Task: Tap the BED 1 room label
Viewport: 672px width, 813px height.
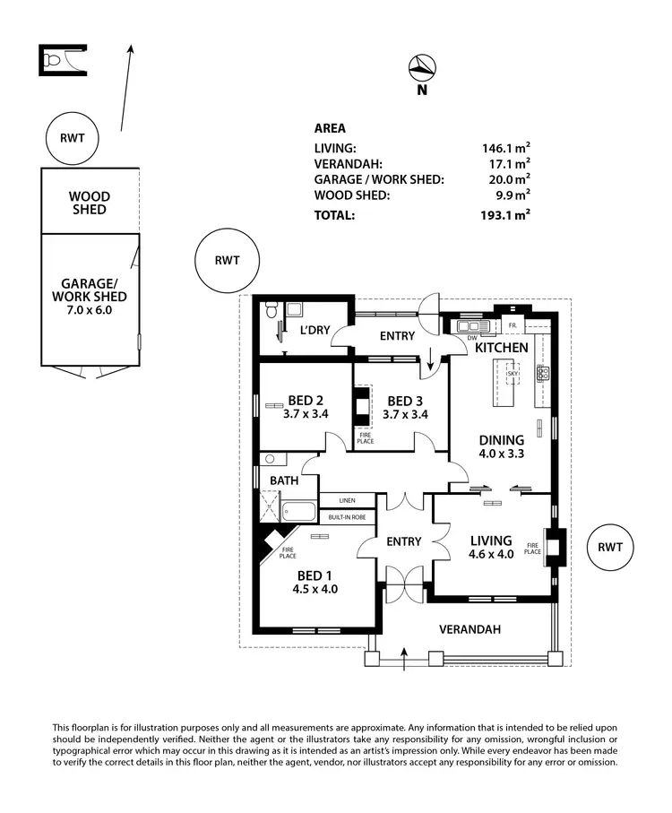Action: click(310, 575)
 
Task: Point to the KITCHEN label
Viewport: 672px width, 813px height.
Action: click(501, 347)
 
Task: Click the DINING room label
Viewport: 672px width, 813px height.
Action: click(501, 439)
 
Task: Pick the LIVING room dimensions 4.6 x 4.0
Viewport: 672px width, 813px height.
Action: click(491, 554)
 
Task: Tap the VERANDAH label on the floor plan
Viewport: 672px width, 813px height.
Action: click(469, 629)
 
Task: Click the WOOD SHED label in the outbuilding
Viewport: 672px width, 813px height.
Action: click(90, 203)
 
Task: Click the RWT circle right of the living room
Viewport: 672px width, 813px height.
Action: click(609, 547)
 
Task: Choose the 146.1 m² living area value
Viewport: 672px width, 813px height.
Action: click(505, 148)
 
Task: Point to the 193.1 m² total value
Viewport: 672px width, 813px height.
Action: click(505, 214)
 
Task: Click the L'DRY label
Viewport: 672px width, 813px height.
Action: click(314, 330)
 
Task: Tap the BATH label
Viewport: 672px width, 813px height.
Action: click(284, 480)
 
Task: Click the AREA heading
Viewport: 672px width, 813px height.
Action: click(330, 128)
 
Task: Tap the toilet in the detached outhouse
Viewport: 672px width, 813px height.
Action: click(53, 60)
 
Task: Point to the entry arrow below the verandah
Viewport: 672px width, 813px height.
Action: click(404, 662)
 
